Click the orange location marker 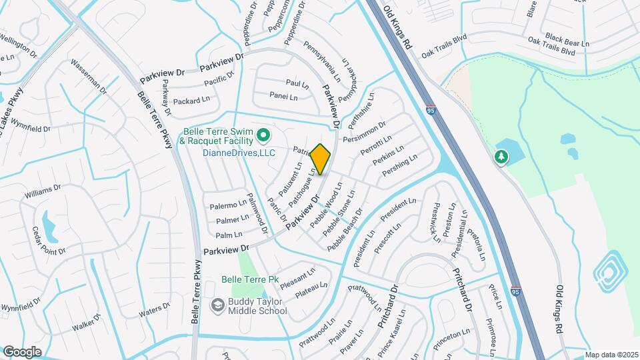tap(321, 159)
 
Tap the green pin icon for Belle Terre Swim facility tap(263, 137)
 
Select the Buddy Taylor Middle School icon tap(217, 305)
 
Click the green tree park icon tap(501, 157)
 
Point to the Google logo tap(22, 351)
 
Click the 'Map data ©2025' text tap(611, 355)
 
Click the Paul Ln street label tap(297, 84)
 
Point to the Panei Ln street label tap(284, 96)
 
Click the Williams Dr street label tap(41, 194)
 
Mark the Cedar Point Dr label tap(49, 242)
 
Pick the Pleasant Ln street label tap(297, 275)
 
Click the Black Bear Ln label tap(567, 37)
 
